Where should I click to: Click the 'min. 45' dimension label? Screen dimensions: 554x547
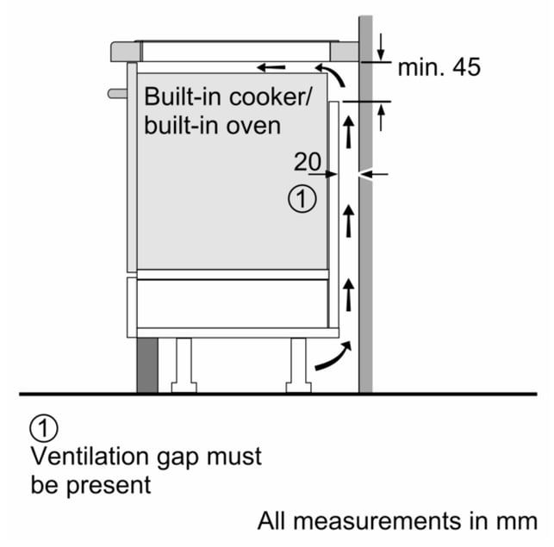(x=439, y=67)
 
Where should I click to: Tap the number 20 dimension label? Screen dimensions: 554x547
(x=308, y=161)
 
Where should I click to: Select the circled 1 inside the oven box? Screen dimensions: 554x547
(x=302, y=199)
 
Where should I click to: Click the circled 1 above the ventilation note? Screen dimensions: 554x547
(x=44, y=428)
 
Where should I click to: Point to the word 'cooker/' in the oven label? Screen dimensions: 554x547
(x=271, y=96)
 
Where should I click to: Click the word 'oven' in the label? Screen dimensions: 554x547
(x=253, y=126)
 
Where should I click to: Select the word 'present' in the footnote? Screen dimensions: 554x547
(x=109, y=486)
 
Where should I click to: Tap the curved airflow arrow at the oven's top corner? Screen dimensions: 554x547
(x=330, y=75)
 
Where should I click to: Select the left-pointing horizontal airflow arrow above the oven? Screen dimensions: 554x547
(x=271, y=67)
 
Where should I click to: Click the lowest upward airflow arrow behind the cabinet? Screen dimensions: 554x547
(x=349, y=295)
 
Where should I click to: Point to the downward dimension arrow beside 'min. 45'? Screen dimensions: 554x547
(x=381, y=47)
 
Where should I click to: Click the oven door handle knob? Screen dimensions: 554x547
(x=117, y=94)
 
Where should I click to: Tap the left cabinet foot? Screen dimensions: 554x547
(x=184, y=365)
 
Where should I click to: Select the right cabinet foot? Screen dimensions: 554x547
(x=299, y=365)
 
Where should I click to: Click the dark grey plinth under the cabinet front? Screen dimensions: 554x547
(x=147, y=365)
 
